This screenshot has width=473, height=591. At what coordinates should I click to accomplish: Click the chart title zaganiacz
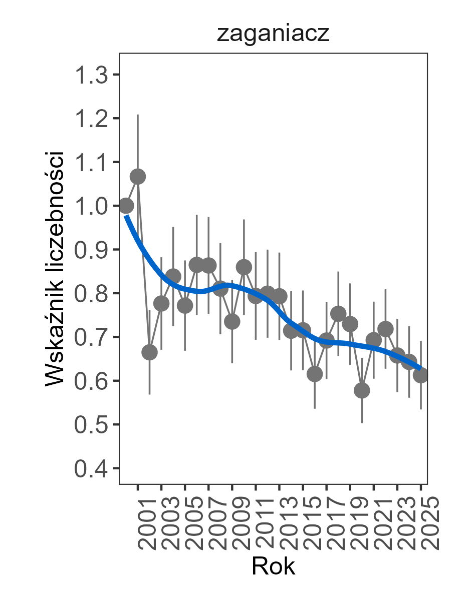[273, 35]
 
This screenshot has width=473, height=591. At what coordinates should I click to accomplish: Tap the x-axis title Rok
[273, 566]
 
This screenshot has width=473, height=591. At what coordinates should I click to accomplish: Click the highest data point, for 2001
[137, 177]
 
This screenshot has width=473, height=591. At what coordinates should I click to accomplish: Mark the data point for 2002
[149, 352]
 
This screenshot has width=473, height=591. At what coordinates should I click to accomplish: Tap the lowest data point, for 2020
[362, 390]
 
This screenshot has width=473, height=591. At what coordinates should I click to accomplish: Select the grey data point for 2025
[421, 375]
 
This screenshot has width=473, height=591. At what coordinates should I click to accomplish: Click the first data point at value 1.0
[126, 206]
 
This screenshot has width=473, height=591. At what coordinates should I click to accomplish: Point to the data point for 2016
[315, 374]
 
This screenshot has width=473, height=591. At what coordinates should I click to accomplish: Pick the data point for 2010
[244, 267]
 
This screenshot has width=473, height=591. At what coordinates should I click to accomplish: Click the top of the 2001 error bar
[137, 115]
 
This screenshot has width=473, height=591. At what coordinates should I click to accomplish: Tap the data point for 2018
[338, 314]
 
